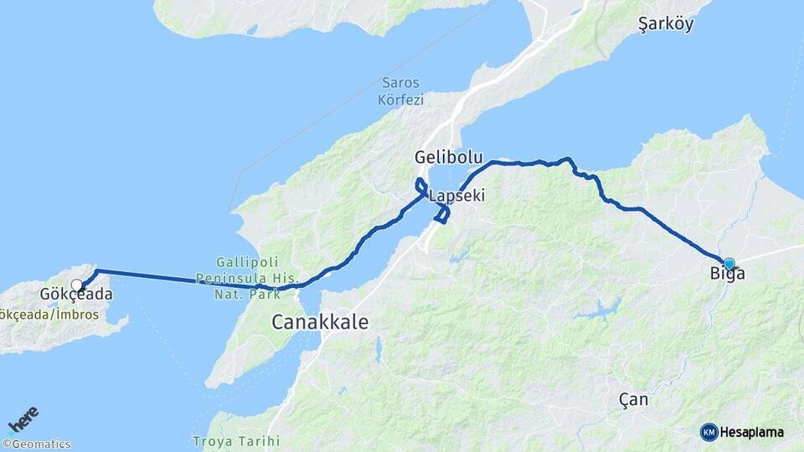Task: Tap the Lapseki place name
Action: [x=456, y=196]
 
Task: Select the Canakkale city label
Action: [x=320, y=322]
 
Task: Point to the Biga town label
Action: [x=727, y=274]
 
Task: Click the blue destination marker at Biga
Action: [x=729, y=263]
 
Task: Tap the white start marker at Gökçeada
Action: [x=77, y=285]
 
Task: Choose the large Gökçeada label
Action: [x=76, y=295]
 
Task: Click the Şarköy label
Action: [x=666, y=24]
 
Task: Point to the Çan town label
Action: [x=632, y=399]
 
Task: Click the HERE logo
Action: [x=23, y=419]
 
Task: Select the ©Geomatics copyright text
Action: [x=37, y=444]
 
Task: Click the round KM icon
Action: [x=709, y=432]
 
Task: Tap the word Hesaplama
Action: [x=751, y=432]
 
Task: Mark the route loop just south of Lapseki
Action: [x=442, y=214]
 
